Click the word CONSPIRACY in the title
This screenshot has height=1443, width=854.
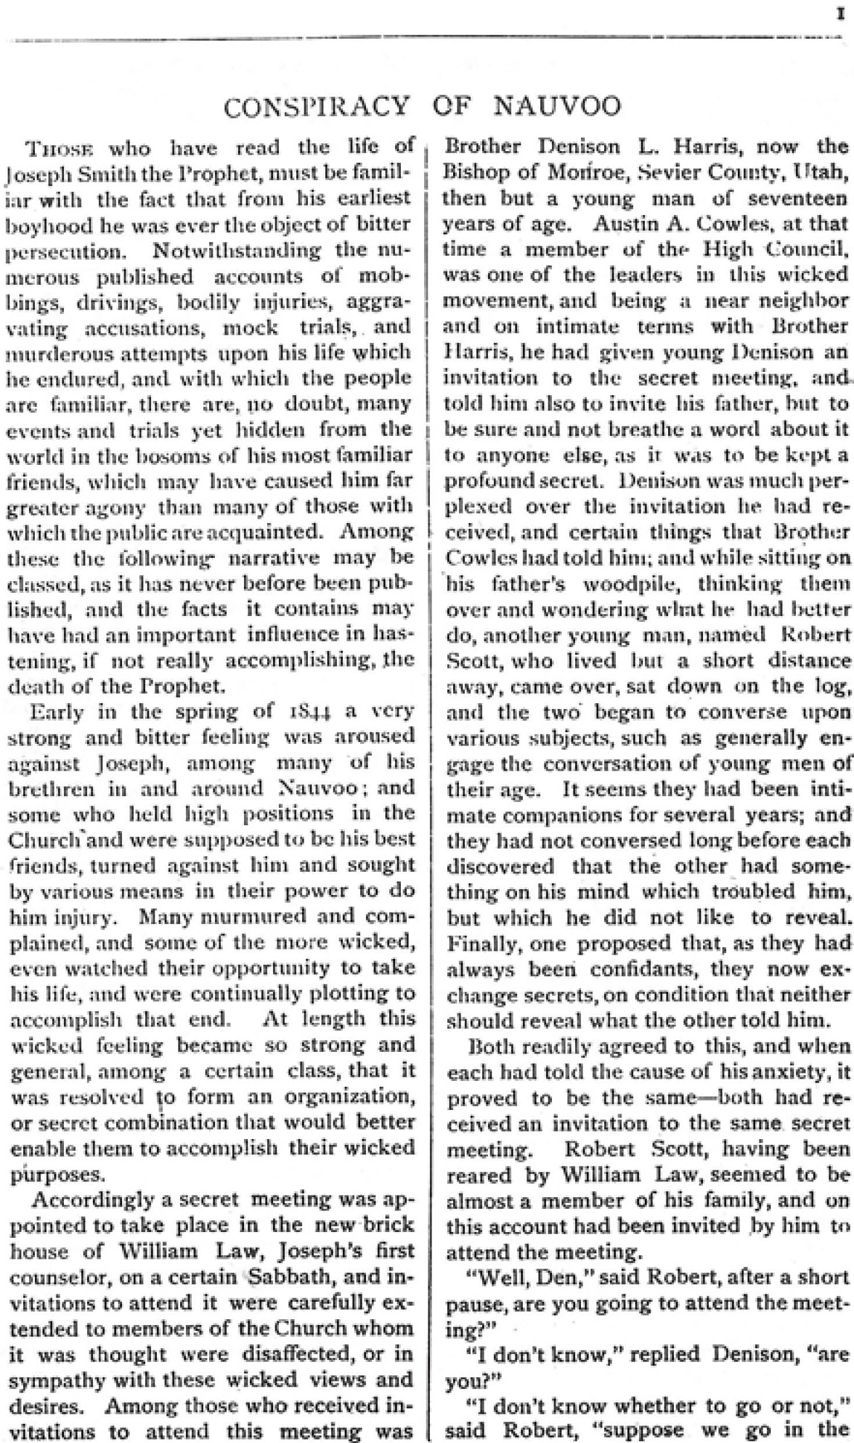click(x=316, y=107)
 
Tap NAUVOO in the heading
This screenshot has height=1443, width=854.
click(x=558, y=107)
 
